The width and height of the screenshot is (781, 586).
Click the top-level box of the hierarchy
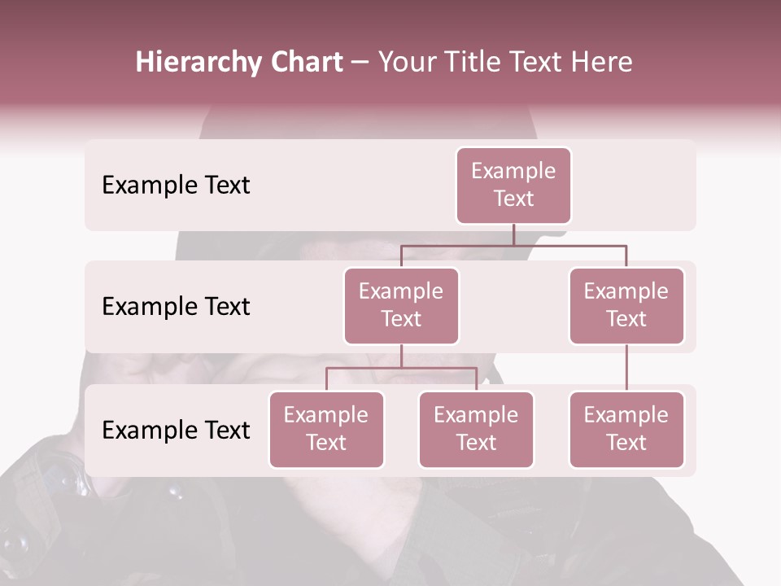click(x=513, y=186)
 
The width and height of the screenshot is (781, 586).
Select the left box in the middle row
click(x=401, y=306)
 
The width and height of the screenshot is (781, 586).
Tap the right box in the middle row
click(x=626, y=306)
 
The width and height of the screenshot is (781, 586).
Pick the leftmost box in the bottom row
click(x=326, y=430)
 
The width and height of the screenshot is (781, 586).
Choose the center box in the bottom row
click(x=476, y=430)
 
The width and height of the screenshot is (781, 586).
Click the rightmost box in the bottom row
click(x=626, y=430)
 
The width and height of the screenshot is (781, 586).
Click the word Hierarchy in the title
click(x=196, y=63)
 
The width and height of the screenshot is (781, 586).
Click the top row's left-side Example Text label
click(x=176, y=186)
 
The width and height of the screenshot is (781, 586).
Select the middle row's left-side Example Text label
click(x=176, y=307)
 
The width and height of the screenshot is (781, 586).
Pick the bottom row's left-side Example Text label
click(x=176, y=431)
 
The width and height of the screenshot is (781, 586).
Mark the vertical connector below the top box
click(x=513, y=234)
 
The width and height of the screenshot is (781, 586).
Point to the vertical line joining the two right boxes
click(x=626, y=368)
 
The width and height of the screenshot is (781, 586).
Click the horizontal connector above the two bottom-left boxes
click(x=401, y=368)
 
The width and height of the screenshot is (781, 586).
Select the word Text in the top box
click(x=513, y=199)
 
